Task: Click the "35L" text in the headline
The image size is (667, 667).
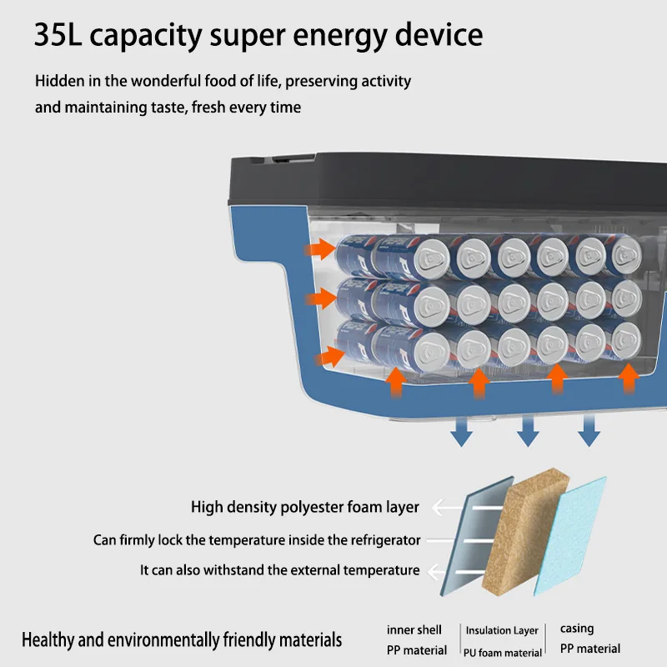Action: (58, 34)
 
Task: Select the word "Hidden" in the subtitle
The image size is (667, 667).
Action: (59, 80)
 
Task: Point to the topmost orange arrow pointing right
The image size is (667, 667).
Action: (320, 248)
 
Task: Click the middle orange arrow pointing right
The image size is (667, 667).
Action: (321, 298)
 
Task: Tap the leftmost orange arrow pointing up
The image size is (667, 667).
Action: (396, 383)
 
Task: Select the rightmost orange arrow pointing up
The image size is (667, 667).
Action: (629, 379)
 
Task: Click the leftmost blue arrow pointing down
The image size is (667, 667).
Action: (461, 431)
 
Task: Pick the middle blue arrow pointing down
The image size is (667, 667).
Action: (528, 431)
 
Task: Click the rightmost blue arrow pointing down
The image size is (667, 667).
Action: (589, 431)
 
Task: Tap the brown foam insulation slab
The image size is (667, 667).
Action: (526, 532)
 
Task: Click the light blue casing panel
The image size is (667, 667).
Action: (570, 536)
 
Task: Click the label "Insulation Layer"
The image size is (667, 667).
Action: (502, 630)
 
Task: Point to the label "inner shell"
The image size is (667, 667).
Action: (414, 629)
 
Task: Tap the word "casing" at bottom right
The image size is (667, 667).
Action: (577, 629)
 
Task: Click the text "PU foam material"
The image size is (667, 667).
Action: (503, 652)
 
